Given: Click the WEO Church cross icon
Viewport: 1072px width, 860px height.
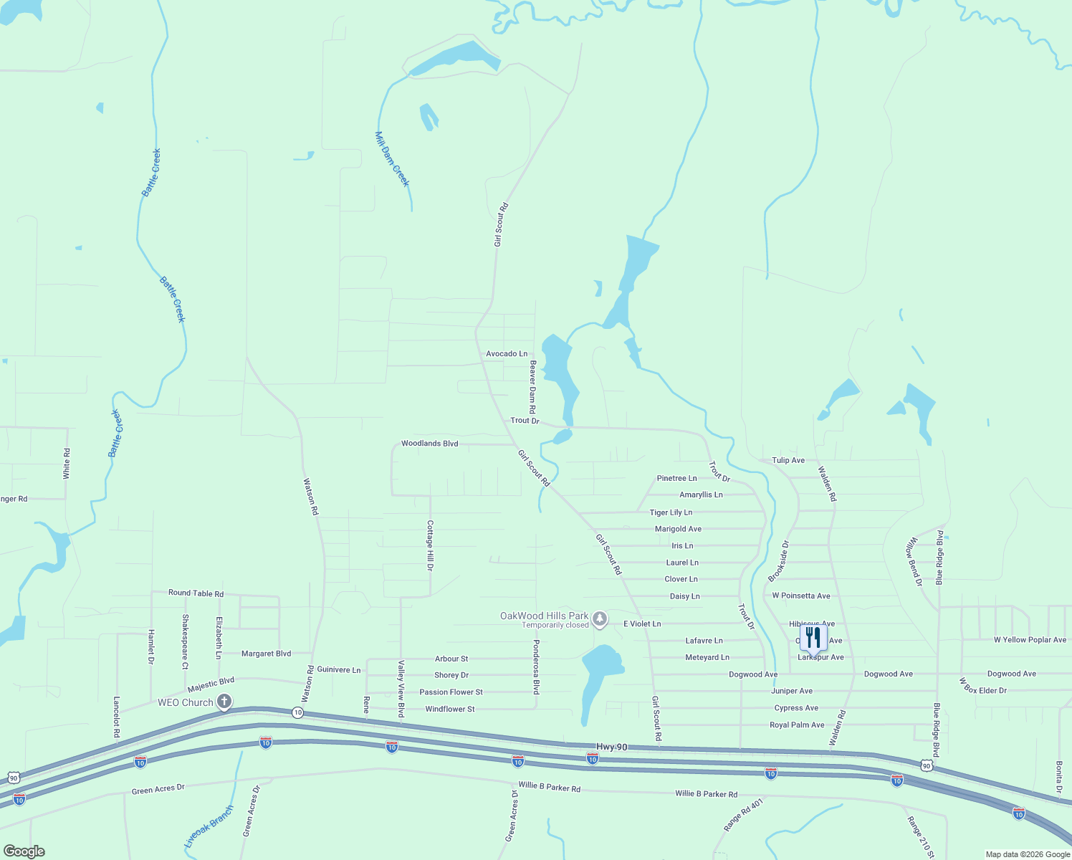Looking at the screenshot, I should coord(224,702).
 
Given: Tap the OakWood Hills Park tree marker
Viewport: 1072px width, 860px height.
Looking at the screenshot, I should coord(600,618).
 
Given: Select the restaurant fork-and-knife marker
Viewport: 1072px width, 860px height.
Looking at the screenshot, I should coord(813,636).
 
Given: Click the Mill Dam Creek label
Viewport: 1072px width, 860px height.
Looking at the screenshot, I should coord(392,159).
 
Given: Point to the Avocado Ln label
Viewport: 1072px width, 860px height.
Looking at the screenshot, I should coord(507,354).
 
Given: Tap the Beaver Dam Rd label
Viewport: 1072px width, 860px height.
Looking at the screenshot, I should coord(532,387).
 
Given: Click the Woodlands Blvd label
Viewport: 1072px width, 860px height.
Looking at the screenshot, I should coord(429,444).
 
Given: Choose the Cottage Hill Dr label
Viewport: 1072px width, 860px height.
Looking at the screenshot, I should coord(430,545).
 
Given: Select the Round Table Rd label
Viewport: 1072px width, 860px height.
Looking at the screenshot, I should coord(196,593).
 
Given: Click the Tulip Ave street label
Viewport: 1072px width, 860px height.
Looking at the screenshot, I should coord(788,460).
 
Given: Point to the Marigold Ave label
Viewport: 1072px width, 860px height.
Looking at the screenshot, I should coord(678,529).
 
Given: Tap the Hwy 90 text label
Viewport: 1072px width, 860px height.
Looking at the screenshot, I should coord(611,747).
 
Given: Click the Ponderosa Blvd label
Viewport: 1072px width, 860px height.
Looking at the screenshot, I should coord(535,667).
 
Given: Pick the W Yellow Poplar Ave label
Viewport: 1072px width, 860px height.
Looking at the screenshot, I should coord(1030,640).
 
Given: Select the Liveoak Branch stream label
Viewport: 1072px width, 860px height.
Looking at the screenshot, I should coord(209,827).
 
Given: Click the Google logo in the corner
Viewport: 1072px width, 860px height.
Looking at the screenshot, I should coord(24,851).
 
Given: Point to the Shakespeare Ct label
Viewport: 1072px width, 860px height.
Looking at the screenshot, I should coord(185,642).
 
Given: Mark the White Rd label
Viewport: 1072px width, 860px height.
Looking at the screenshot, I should coord(67,464).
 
